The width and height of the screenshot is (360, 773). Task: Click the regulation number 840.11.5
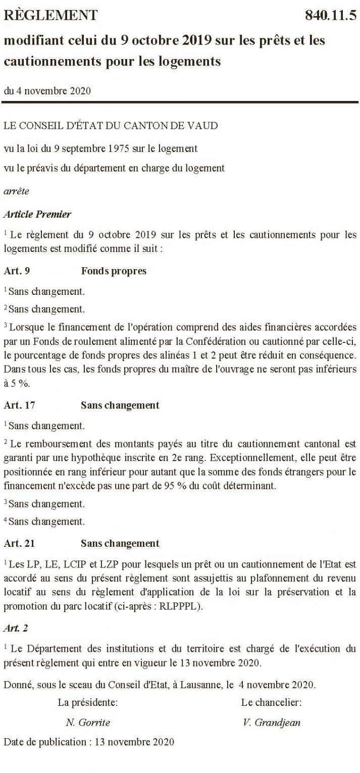click(331, 15)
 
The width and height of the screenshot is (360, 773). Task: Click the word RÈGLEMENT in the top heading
click(51, 16)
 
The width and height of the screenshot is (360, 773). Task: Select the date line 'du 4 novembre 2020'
click(46, 91)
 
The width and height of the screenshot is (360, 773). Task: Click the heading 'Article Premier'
click(37, 214)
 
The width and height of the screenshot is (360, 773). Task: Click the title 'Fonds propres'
click(114, 271)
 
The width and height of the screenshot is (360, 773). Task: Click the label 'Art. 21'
click(19, 544)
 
